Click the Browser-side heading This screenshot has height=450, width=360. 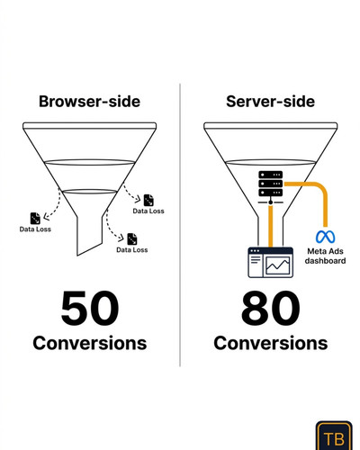89,102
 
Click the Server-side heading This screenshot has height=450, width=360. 270,102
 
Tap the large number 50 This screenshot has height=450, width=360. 90,308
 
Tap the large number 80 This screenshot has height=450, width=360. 270,308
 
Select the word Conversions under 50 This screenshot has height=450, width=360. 90,343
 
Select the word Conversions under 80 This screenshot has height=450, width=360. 270,343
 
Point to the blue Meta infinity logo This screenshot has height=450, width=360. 325,237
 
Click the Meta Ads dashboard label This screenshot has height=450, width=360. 325,256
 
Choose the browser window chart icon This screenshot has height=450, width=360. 270,263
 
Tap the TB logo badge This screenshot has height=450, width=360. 334,436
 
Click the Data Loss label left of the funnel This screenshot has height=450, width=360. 35,229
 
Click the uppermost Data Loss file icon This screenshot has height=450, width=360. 148,200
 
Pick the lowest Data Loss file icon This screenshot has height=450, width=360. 132,239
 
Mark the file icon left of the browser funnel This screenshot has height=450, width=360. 35,219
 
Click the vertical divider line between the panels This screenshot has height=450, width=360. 180,225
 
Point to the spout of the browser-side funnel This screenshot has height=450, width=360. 90,234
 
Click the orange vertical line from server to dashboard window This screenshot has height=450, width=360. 271,226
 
